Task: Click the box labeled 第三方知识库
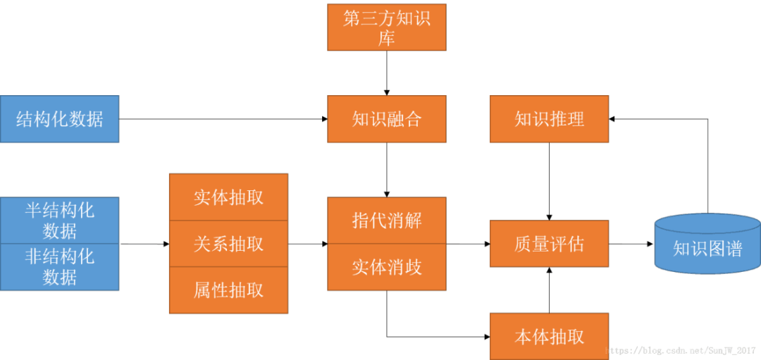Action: pyautogui.click(x=386, y=27)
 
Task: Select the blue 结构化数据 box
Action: pyautogui.click(x=59, y=119)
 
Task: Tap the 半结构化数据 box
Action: pyautogui.click(x=59, y=221)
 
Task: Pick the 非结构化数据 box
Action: pyautogui.click(x=59, y=267)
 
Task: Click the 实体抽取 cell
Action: pyautogui.click(x=228, y=197)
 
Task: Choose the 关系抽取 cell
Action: pyautogui.click(x=228, y=244)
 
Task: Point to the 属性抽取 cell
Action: pyautogui.click(x=228, y=290)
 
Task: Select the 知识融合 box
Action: pyautogui.click(x=386, y=119)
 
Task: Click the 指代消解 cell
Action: pyautogui.click(x=386, y=220)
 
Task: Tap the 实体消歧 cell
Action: pyautogui.click(x=386, y=267)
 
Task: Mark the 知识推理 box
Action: pyautogui.click(x=549, y=119)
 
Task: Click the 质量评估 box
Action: pyautogui.click(x=549, y=244)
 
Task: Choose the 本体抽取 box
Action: pyautogui.click(x=549, y=337)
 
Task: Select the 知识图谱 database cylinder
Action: pyautogui.click(x=707, y=244)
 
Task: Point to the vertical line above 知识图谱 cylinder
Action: pyautogui.click(x=707, y=166)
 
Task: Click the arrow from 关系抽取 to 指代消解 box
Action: pyautogui.click(x=307, y=244)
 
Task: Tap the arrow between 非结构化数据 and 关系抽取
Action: pyautogui.click(x=147, y=244)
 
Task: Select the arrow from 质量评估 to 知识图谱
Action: pyautogui.click(x=633, y=244)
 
